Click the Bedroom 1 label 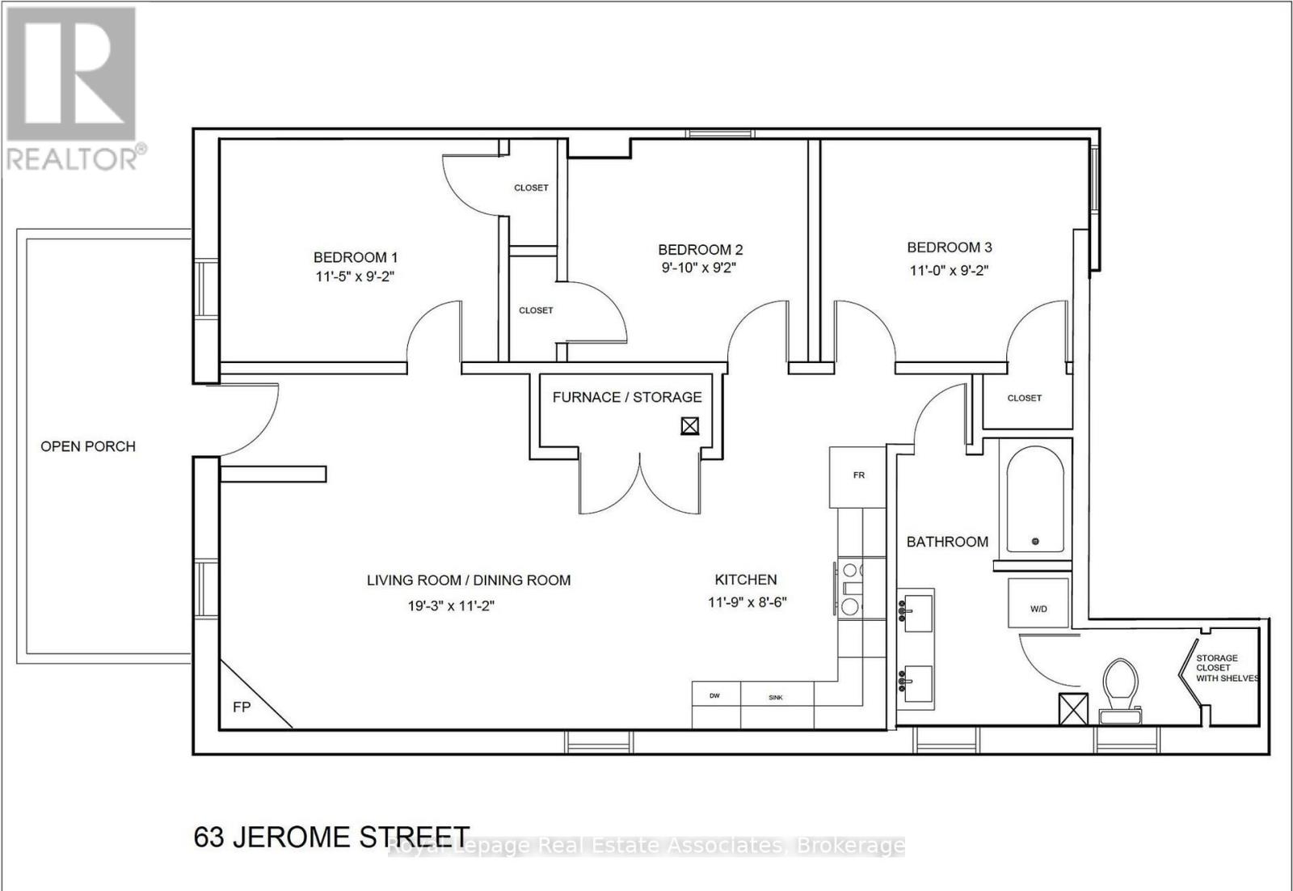(356, 257)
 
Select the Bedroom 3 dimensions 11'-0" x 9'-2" (950, 270)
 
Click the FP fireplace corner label (242, 707)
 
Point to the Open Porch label (88, 446)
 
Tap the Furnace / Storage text (627, 397)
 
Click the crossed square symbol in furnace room (689, 425)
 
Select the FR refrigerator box (858, 475)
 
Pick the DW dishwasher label (715, 696)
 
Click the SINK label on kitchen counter (775, 697)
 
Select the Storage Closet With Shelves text (1227, 668)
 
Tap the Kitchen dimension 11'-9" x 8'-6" (747, 602)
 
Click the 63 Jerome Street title (331, 836)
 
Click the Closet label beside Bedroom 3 (1024, 398)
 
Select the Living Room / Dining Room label (469, 580)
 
